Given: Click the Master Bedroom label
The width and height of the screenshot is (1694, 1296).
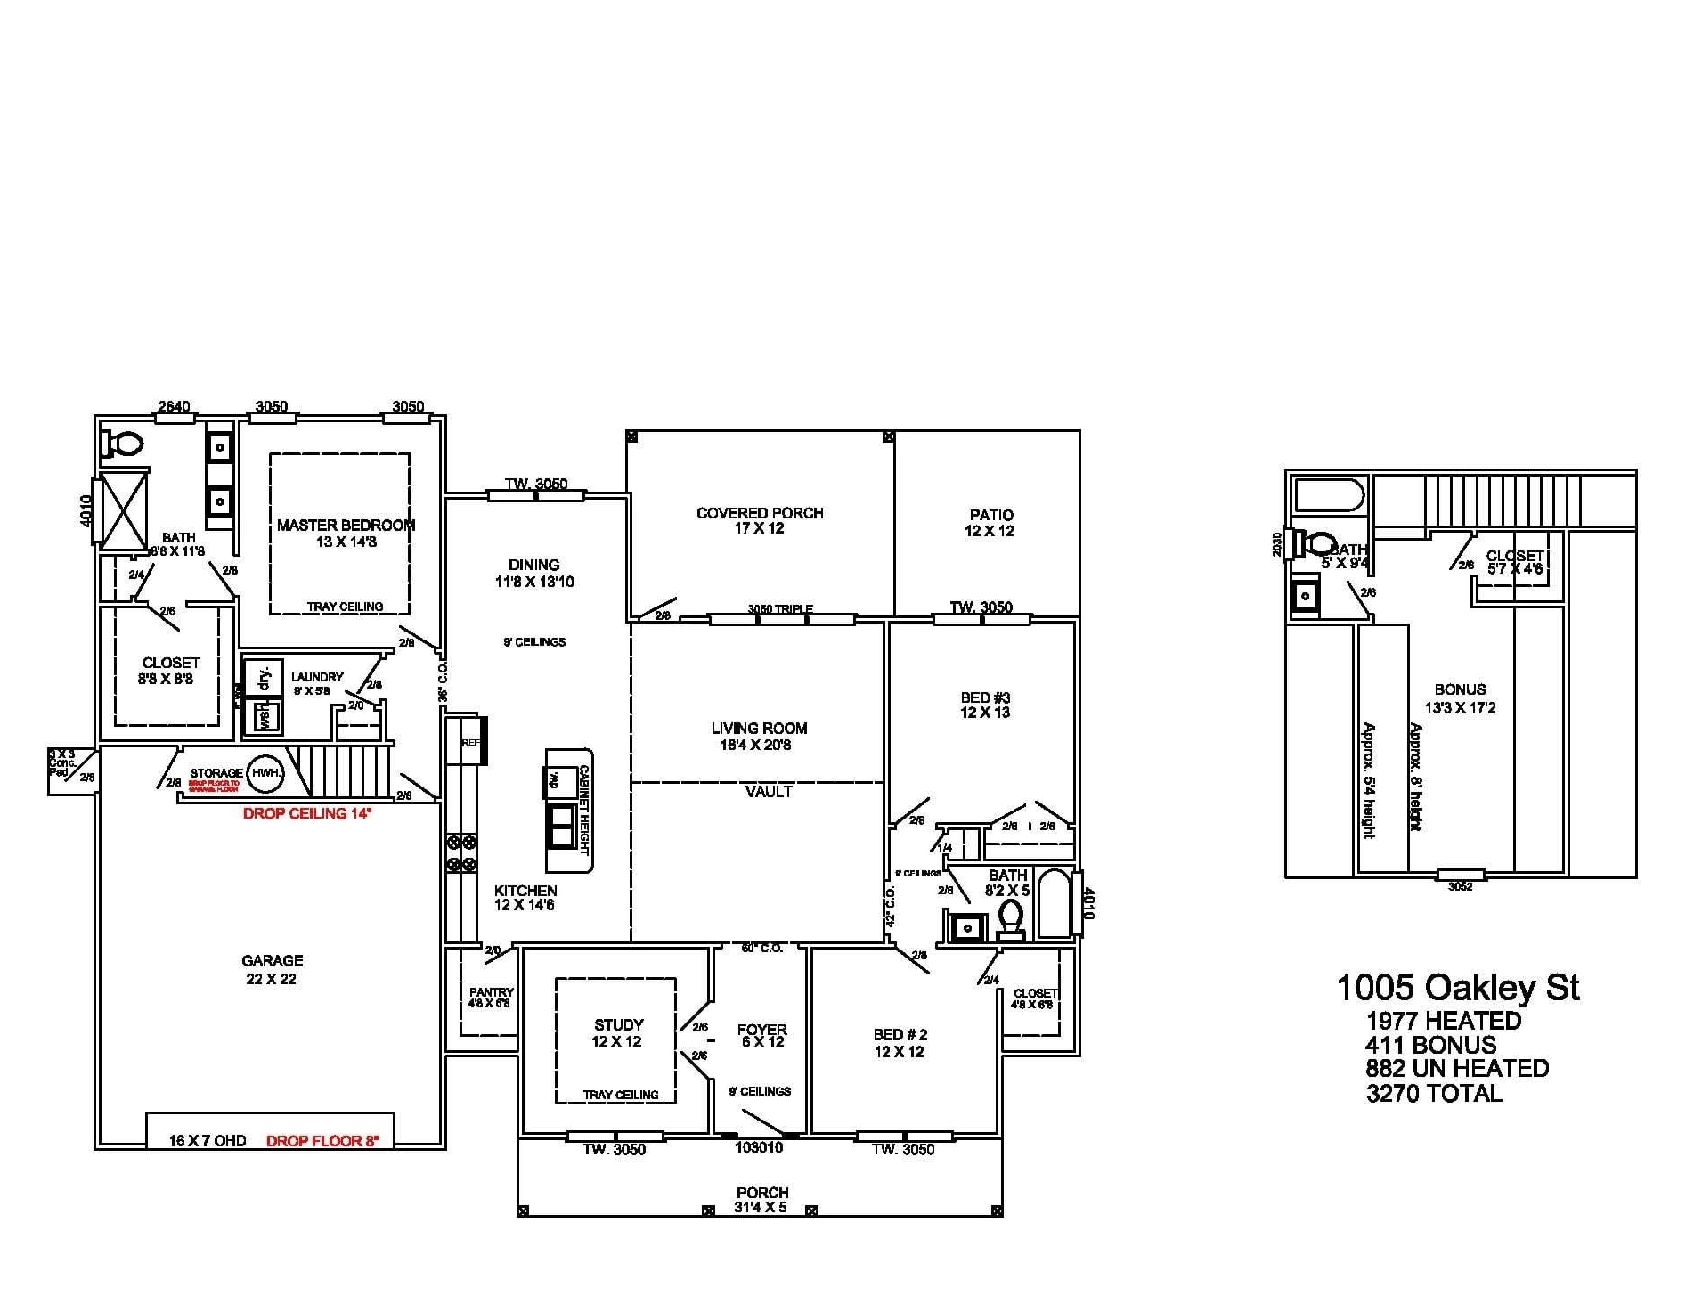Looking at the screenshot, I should (346, 533).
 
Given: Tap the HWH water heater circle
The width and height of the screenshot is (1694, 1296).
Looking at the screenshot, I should (265, 773).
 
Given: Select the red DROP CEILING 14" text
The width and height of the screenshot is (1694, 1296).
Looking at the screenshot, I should (307, 813).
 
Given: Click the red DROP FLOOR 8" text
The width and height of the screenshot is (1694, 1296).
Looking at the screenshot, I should (322, 1141).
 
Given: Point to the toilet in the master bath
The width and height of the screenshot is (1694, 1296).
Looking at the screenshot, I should (124, 444).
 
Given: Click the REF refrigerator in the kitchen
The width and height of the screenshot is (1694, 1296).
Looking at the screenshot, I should (470, 741).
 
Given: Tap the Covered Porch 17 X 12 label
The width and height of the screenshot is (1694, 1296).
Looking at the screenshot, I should (760, 520).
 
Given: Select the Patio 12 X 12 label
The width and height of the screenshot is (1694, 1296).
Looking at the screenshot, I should (990, 523).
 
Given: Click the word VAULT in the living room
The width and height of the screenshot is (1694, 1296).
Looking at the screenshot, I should (769, 791).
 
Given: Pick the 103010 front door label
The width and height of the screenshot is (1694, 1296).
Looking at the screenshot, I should (759, 1147).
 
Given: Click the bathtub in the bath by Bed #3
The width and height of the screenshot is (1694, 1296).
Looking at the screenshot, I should (1055, 903).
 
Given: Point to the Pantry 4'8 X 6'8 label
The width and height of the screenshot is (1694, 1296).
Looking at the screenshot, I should (490, 997).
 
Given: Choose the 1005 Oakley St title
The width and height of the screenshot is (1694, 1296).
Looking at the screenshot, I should (1457, 987).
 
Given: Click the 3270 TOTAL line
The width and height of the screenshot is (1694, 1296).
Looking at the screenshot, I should (1433, 1093).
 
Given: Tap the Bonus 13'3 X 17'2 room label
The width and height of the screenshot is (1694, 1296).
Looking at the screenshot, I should (1460, 698).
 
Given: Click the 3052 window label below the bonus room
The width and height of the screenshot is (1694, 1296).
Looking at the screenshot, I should (1460, 886).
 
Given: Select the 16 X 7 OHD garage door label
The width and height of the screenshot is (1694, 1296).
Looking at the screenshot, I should (208, 1141).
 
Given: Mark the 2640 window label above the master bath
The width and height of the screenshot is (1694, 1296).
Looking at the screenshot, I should (174, 406).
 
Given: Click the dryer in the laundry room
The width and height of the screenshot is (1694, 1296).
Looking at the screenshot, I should (264, 678).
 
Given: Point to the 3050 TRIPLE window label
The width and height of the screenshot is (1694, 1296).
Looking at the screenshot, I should (780, 609).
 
